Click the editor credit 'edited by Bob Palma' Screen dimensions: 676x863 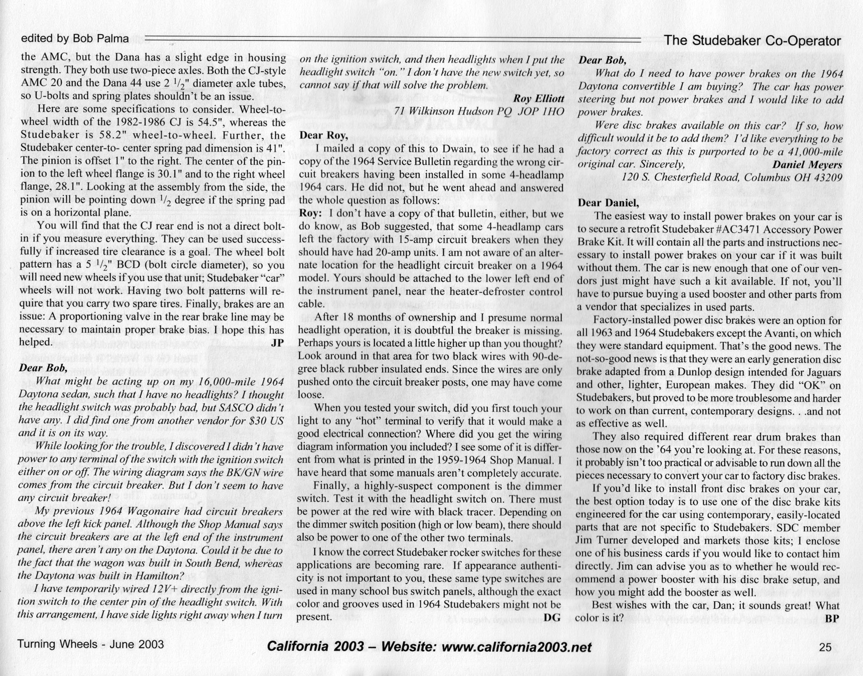click(75, 39)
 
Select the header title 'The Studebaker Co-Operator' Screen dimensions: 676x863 click(752, 41)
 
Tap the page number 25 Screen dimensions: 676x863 click(825, 647)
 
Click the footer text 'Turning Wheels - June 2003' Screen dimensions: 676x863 click(90, 644)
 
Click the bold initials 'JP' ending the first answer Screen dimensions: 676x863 click(277, 343)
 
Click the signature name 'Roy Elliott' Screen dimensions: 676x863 click(539, 98)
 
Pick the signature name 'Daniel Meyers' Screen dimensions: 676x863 click(807, 164)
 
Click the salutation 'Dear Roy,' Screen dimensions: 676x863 click(324, 135)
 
